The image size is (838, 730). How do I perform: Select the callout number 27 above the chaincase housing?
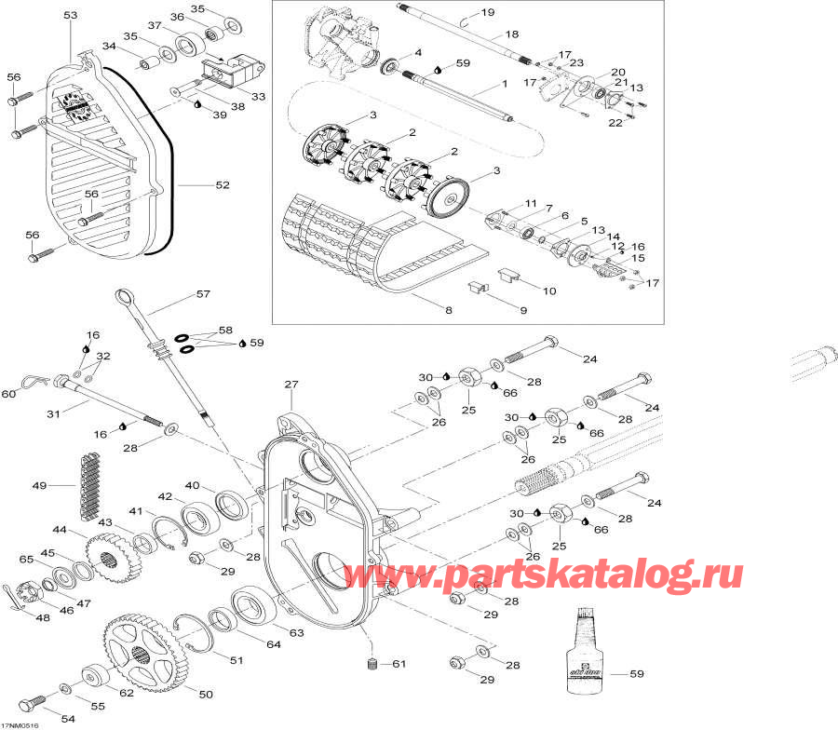[x=291, y=384]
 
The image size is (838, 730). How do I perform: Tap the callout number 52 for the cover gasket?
[x=222, y=185]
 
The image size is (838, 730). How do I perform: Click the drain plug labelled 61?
[x=372, y=664]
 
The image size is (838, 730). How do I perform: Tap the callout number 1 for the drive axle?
[x=504, y=84]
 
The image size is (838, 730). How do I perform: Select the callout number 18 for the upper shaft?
[x=511, y=34]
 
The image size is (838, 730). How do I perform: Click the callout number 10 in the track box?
[x=549, y=291]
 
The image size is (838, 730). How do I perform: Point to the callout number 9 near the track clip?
[x=522, y=309]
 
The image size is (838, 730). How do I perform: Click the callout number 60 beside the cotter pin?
[x=8, y=394]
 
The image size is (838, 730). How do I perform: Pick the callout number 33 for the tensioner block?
[x=258, y=96]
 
